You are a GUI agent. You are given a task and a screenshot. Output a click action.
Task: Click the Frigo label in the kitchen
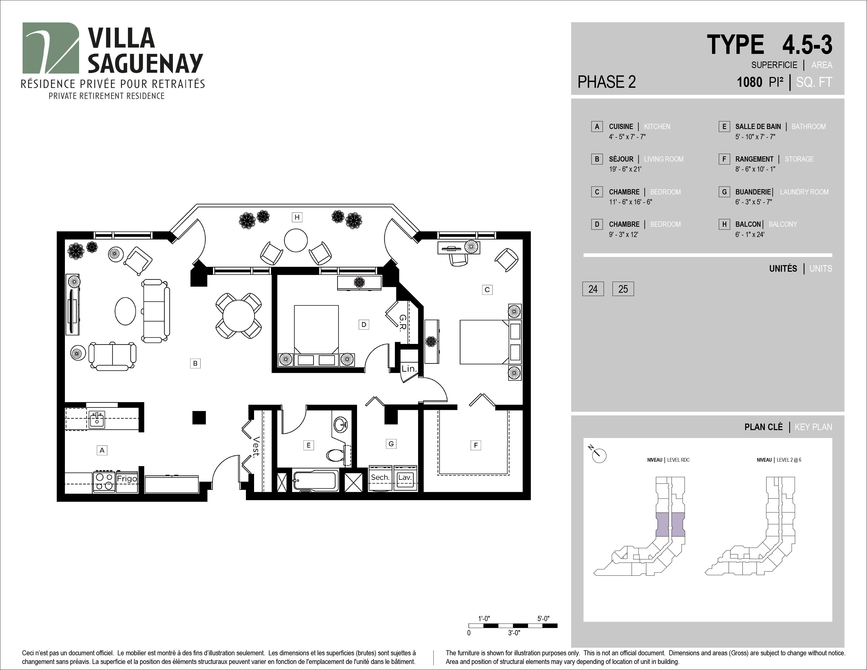pos(127,479)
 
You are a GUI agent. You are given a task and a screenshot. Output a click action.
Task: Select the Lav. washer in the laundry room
pos(405,478)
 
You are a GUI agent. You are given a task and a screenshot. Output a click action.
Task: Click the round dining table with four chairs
pos(239,316)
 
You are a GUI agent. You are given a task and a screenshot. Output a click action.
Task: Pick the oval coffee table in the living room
pos(125,312)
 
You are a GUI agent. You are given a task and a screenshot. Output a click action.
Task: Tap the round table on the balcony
pos(296,240)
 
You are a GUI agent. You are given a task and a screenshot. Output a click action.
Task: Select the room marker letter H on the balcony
pos(297,217)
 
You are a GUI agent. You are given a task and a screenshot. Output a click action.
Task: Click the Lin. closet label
pos(409,369)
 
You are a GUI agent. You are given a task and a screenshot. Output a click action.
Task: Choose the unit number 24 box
pos(593,289)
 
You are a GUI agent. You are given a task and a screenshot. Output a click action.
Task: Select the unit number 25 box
pos(623,289)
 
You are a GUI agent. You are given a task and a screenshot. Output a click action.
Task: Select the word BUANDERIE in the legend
pos(753,192)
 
